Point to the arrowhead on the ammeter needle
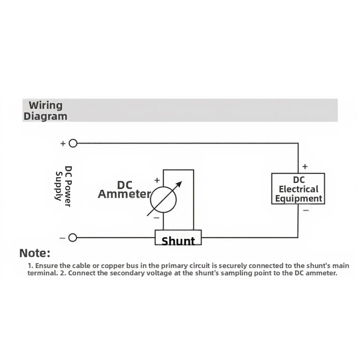click(x=179, y=184)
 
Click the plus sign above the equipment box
click(x=305, y=166)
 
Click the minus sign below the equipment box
click(x=306, y=210)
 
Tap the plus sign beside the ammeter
click(x=157, y=180)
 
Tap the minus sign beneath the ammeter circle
click(x=156, y=218)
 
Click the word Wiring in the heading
click(x=45, y=106)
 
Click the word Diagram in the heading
click(x=45, y=116)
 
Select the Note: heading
click(x=35, y=253)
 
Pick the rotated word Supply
click(x=59, y=186)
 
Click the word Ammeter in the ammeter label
click(x=124, y=194)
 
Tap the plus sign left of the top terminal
click(x=63, y=143)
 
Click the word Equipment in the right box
click(x=299, y=199)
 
